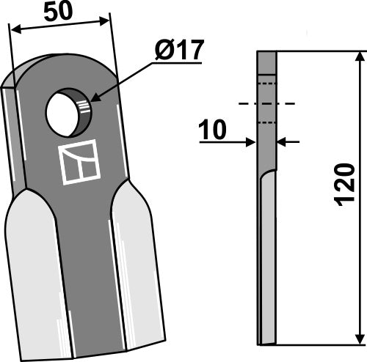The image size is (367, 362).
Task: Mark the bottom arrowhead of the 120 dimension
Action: [x=360, y=339]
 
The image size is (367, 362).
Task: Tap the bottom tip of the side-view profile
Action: [x=266, y=343]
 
